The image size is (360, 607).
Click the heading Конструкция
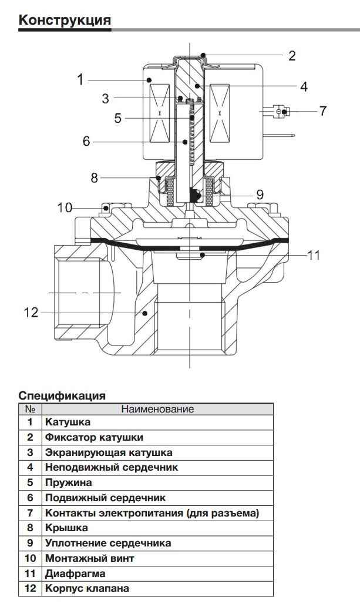click(x=65, y=20)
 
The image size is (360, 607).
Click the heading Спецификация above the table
click(x=62, y=395)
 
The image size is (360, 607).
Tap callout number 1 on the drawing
click(x=81, y=79)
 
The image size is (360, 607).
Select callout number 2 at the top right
click(x=292, y=56)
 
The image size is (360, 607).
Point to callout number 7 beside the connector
click(x=323, y=110)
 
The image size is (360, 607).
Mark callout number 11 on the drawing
click(x=314, y=255)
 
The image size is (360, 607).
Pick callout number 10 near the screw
click(x=65, y=207)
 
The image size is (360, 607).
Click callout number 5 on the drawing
click(x=118, y=118)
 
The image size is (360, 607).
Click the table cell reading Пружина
click(x=68, y=482)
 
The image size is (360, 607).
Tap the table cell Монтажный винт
click(x=89, y=558)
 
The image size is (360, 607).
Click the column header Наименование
click(x=157, y=409)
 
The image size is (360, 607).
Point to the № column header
click(x=30, y=409)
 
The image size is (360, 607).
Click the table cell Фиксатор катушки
click(x=93, y=438)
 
